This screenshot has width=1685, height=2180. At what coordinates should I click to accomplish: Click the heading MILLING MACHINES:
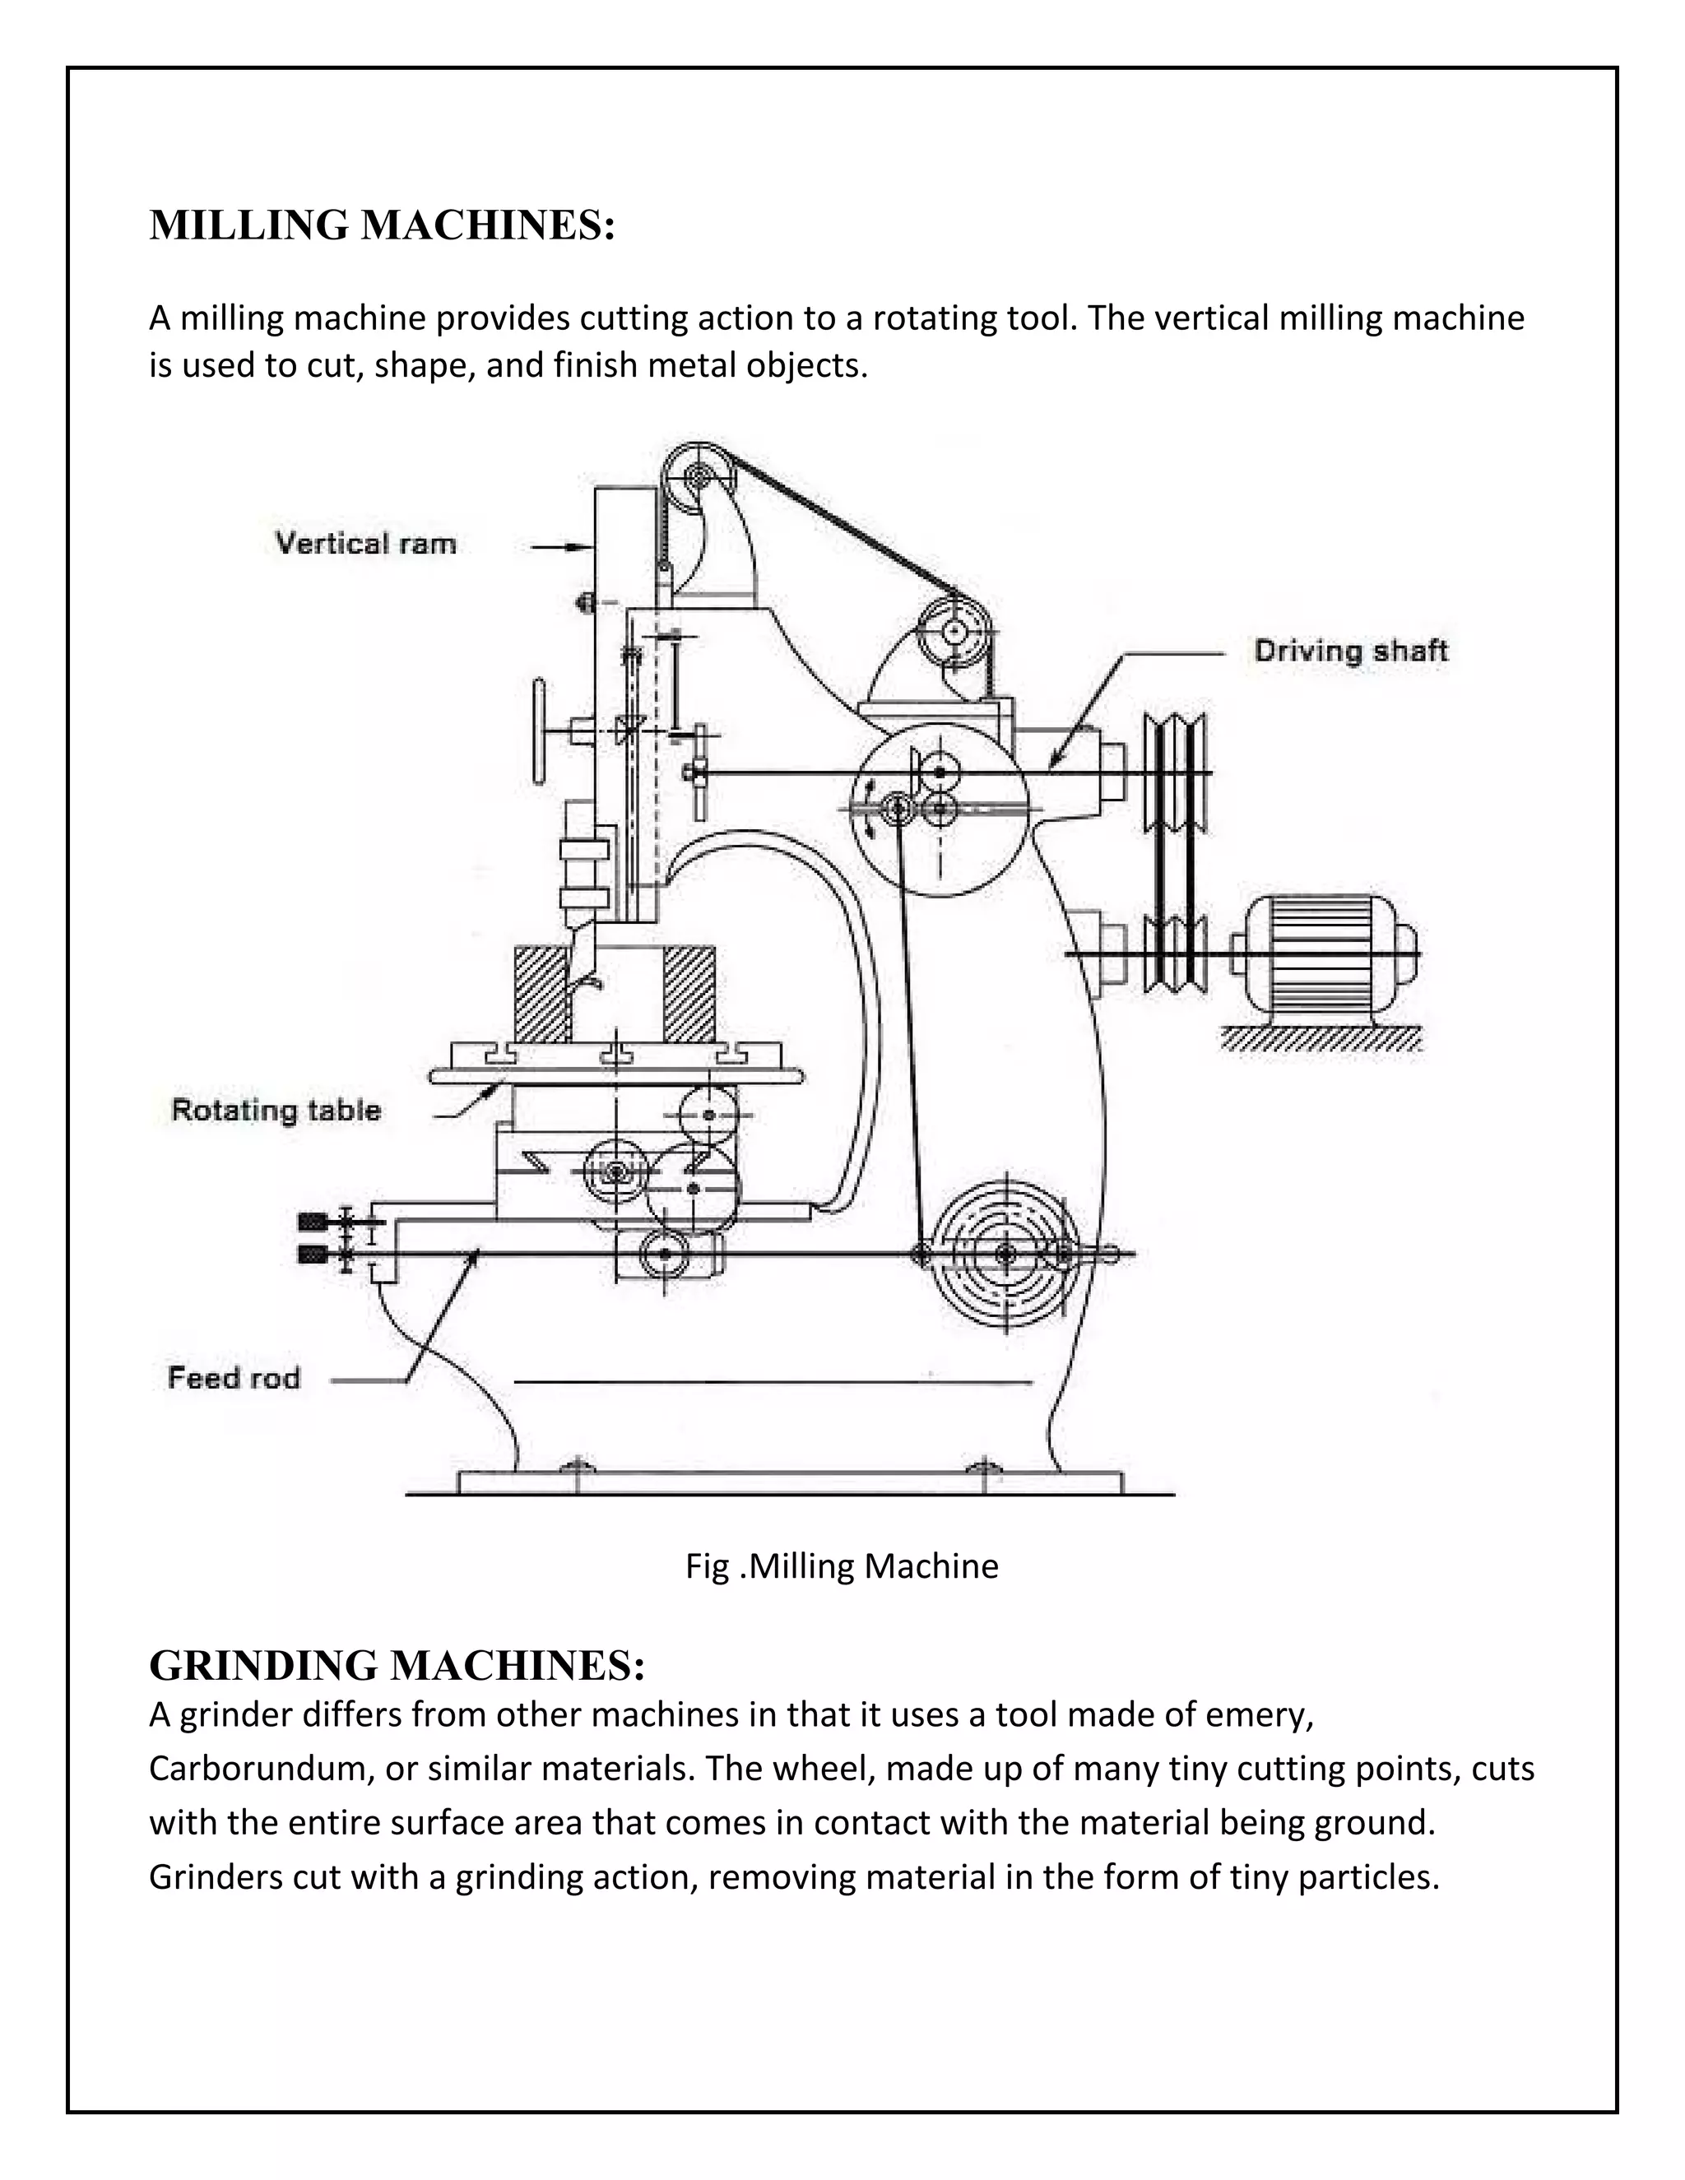(381, 225)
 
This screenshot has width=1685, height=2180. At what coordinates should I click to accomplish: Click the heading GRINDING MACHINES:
(397, 1665)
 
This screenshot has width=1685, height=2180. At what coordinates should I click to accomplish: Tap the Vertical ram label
(365, 544)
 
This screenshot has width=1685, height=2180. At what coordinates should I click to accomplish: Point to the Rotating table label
(276, 1110)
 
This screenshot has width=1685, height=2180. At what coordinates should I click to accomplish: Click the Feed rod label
(234, 1377)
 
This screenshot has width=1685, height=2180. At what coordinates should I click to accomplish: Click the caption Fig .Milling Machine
(841, 1565)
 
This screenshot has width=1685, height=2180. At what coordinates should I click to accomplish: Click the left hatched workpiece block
(541, 993)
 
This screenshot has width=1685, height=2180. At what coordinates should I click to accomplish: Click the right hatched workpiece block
(689, 993)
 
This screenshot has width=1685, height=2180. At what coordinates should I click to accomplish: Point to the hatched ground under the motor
(1320, 1039)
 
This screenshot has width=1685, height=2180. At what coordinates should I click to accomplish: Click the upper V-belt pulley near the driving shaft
(1175, 772)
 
